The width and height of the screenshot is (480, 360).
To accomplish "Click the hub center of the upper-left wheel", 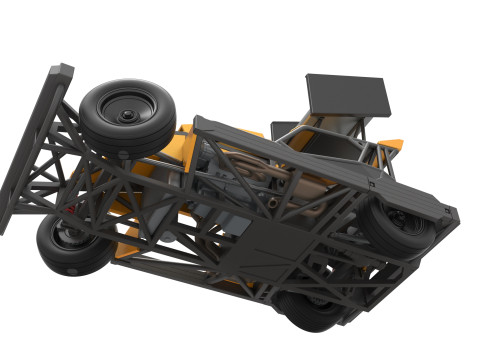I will (x=129, y=116).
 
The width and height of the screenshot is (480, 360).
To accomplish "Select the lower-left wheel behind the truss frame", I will (x=70, y=245).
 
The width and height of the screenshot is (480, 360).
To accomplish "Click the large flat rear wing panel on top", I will (x=345, y=94).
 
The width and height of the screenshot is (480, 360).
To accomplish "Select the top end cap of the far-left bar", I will (x=61, y=72).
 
